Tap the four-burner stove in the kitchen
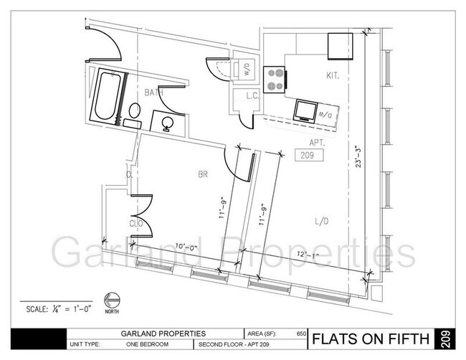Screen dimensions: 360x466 pos(273,78)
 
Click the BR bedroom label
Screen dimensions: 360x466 pos(202,174)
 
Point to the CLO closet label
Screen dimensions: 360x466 pos(137,224)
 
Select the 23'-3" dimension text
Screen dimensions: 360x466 pos(356,158)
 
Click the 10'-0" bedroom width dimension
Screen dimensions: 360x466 pos(187,248)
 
